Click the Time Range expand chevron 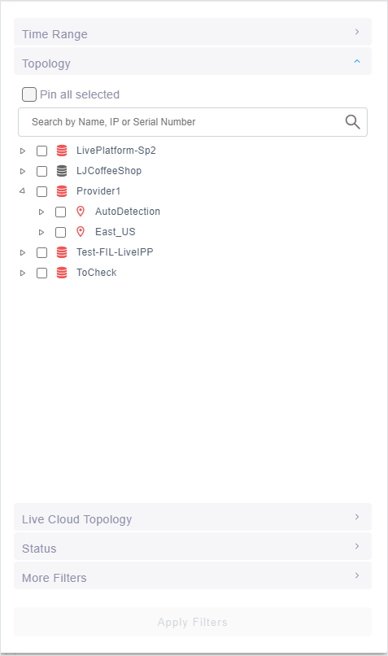tap(356, 32)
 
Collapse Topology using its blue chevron tap(356, 61)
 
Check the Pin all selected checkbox tap(29, 94)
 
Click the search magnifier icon tap(352, 122)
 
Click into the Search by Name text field tap(184, 122)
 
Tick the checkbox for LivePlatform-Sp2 tap(41, 151)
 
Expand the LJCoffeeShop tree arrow tap(23, 171)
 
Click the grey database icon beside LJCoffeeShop tap(62, 171)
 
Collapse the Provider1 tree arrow tap(23, 191)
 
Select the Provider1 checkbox tap(41, 191)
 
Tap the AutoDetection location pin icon tap(81, 212)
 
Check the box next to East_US tap(61, 232)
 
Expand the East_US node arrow tap(41, 232)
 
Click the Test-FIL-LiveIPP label tap(115, 252)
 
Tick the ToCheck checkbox tap(41, 273)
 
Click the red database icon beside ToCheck tap(62, 273)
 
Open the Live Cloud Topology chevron tap(356, 517)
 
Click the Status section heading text tap(39, 549)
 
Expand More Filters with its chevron tap(356, 575)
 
